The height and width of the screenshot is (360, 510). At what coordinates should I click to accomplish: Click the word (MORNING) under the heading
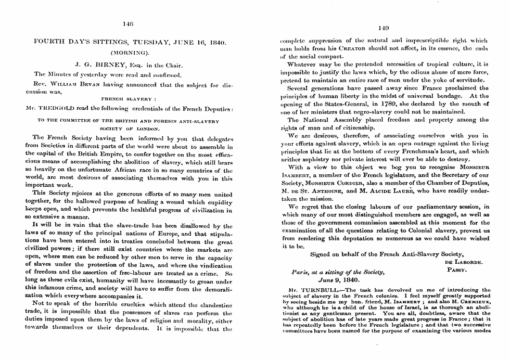[x=127, y=53]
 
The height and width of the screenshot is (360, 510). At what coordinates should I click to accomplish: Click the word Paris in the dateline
[x=302, y=272]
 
